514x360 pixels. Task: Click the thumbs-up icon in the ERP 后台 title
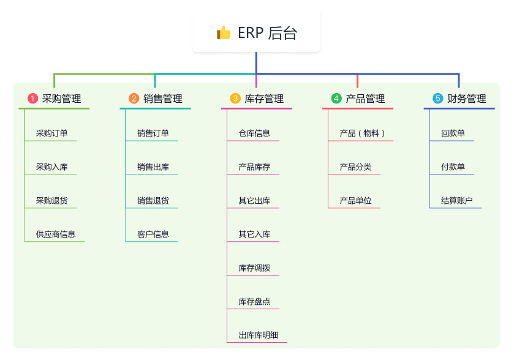click(x=224, y=32)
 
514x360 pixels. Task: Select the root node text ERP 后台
click(x=267, y=32)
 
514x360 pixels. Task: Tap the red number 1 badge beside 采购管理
click(x=33, y=99)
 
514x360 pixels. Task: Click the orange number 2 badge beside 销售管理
click(x=134, y=99)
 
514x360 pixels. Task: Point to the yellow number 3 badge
click(x=235, y=99)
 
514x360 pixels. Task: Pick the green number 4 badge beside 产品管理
click(x=336, y=99)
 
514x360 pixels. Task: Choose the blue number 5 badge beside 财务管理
click(x=437, y=99)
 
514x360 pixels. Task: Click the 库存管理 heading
click(x=264, y=99)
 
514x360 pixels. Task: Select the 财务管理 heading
click(x=467, y=99)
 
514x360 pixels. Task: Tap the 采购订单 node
click(x=51, y=133)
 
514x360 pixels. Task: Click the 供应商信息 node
click(x=55, y=234)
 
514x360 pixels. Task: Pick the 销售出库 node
click(x=153, y=167)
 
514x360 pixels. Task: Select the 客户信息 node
click(x=153, y=234)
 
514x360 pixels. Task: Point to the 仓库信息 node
click(x=254, y=133)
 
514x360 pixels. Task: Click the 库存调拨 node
click(x=254, y=268)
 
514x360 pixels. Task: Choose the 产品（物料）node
click(x=362, y=133)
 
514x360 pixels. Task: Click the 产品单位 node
click(x=355, y=200)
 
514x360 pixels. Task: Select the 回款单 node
click(x=453, y=133)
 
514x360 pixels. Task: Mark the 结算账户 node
click(x=456, y=200)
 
